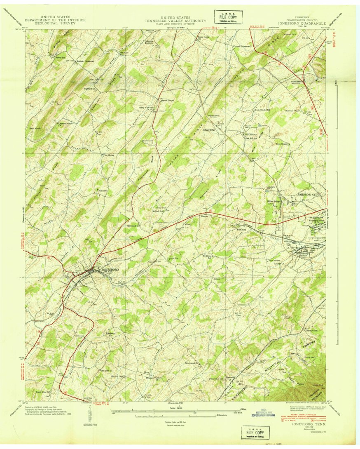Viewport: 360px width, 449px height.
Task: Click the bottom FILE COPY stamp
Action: click(x=255, y=433)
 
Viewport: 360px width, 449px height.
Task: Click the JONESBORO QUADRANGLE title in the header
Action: click(x=302, y=24)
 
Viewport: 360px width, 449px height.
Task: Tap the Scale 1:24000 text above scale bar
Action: click(x=178, y=408)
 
